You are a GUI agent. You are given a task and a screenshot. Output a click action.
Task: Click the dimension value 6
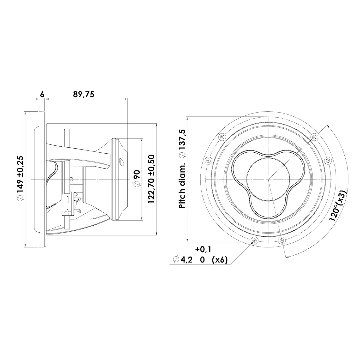pos(42,94)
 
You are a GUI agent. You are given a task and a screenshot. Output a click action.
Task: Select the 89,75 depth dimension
pos(84,94)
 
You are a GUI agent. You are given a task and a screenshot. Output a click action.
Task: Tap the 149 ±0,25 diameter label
pos(21,179)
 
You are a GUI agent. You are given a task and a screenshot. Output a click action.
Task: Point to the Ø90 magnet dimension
pos(138,178)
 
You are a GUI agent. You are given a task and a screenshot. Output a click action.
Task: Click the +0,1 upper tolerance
pos(203,249)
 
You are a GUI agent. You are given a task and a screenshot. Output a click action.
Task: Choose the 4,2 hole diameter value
pos(187,260)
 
